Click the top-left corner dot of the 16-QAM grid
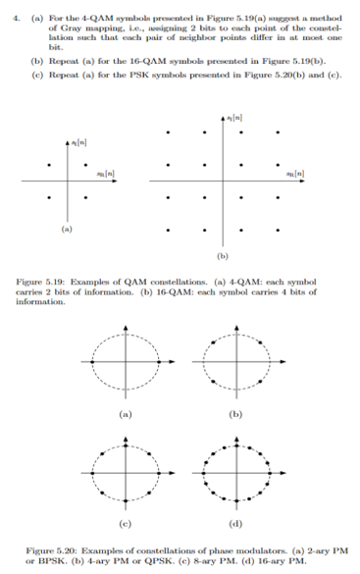(171, 130)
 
